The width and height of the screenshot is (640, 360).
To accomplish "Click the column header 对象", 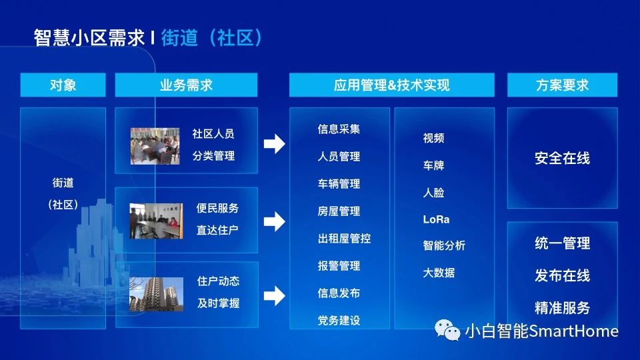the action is pos(63,85).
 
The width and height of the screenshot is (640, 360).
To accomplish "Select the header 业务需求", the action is pos(186,85).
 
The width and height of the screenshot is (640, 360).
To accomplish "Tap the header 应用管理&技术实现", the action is pos(392,85).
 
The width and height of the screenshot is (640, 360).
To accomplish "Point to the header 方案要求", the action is pos(562,85).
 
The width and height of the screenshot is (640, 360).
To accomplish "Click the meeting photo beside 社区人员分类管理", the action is pos(155,146).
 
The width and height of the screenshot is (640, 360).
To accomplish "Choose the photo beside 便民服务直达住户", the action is pos(156,221).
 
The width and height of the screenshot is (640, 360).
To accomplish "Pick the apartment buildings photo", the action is pos(156,294).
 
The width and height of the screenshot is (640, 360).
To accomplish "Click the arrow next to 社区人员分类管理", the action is pos(274,144).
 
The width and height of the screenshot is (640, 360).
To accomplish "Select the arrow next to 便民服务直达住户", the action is pos(274,221).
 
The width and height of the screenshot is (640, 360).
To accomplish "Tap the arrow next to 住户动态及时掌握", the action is pos(274,296).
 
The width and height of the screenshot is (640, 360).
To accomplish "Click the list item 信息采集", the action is pos(339,129).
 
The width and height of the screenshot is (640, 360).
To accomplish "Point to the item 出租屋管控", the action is pos(344,239).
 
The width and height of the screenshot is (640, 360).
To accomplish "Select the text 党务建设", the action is pos(339,321).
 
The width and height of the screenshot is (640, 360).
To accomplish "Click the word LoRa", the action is pos(436,219).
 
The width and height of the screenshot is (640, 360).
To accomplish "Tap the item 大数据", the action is pos(439,273).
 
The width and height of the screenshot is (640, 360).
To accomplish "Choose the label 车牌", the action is pos(433,165).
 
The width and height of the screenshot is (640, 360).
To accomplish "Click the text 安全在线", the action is pos(563,158).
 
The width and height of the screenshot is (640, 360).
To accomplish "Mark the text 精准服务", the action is pos(563,308).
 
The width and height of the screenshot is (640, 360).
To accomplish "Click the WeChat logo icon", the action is pos(447,330).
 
